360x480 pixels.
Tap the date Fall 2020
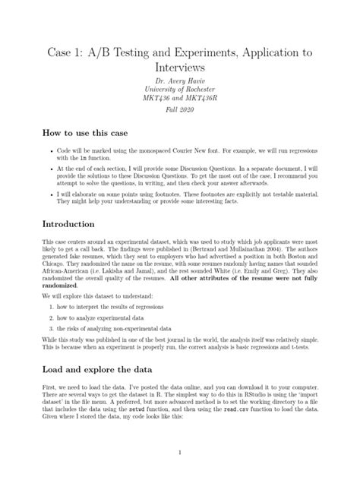pyautogui.click(x=180, y=122)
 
